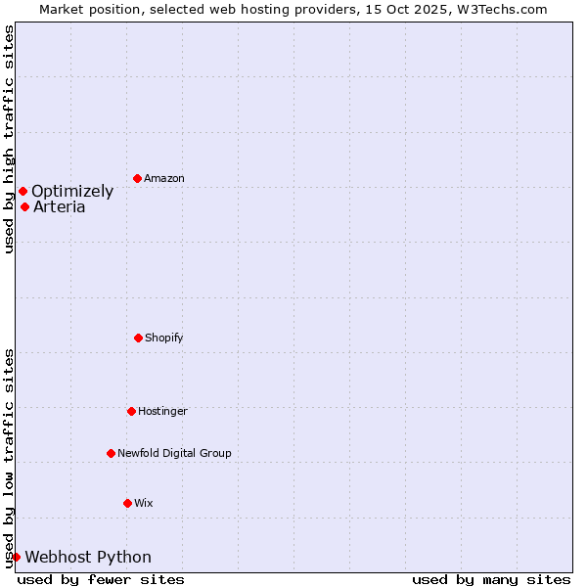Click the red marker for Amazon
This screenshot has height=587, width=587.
click(x=137, y=178)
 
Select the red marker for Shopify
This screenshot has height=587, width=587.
click(x=138, y=338)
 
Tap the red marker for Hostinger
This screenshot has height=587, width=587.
click(x=131, y=411)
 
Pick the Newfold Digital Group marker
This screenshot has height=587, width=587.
click(x=111, y=453)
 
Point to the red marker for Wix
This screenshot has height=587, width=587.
click(x=127, y=503)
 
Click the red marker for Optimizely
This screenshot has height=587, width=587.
click(x=23, y=191)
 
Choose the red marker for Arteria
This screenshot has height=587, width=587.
click(x=24, y=206)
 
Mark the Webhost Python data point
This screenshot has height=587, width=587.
click(x=16, y=557)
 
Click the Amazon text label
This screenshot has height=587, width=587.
click(x=164, y=178)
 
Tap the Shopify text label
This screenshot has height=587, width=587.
click(x=164, y=338)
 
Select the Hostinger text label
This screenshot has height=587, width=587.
click(x=162, y=411)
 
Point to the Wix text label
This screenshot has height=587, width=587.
click(x=144, y=503)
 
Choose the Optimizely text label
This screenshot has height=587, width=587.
click(x=72, y=191)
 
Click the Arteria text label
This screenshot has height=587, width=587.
click(x=60, y=206)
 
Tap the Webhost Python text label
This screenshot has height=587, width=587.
click(x=88, y=557)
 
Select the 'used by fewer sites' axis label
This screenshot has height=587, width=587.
click(x=101, y=579)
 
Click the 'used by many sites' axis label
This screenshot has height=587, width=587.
click(x=491, y=579)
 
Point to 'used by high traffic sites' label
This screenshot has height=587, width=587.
click(x=9, y=139)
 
